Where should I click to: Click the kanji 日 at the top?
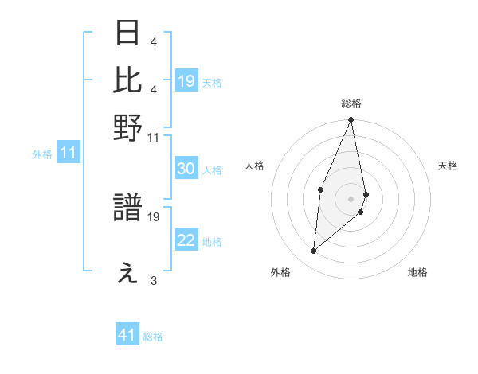128,34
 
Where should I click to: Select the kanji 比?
128,80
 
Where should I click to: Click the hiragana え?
128,275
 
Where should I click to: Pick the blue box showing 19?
186,81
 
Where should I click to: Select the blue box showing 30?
186,169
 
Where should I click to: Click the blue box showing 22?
186,241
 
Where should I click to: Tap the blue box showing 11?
69,154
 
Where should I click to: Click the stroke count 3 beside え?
153,280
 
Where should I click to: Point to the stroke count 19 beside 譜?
155,216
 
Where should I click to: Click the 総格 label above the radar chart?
351,103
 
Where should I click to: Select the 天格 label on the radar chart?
449,166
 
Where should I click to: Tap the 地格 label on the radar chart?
417,272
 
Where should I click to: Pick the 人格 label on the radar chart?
254,166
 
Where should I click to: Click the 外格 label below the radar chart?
280,272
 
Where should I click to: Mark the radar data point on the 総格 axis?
351,120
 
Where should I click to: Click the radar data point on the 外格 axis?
314,251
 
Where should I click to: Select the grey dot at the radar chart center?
351,198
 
